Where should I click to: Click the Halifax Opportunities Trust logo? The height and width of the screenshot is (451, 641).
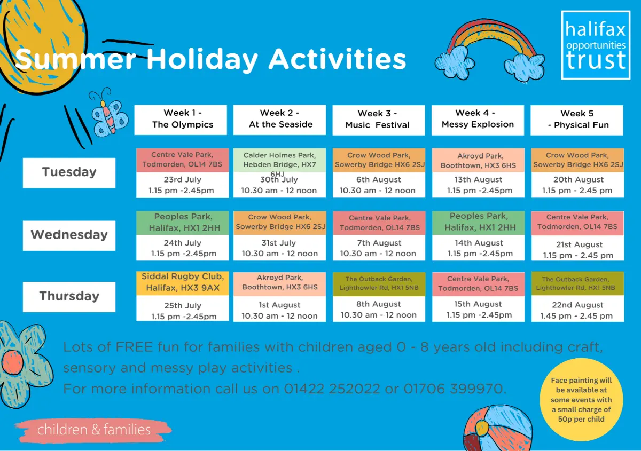coord(596,45)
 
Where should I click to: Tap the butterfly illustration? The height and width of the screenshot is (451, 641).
coord(109,114)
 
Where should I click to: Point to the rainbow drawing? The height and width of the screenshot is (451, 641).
coord(490,50)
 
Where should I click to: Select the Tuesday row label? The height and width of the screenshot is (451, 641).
coord(69,173)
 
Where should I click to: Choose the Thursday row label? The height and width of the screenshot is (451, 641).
coord(69,297)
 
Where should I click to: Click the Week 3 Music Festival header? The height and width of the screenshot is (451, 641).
coord(378,120)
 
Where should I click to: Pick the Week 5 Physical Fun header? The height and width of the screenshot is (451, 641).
coord(576,120)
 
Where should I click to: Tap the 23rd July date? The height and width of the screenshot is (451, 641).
coord(182,179)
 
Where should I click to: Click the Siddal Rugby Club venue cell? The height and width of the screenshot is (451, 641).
coord(183,283)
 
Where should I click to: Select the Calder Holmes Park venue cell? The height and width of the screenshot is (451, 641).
coord(279,160)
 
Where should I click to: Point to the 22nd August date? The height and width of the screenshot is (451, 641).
coord(577,305)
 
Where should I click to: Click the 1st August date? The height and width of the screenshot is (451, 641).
coord(279,305)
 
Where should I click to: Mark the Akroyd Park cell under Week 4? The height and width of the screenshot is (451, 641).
coord(478,160)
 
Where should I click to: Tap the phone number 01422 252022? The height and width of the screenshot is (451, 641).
coord(332,389)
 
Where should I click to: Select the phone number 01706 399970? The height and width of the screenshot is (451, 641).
coord(455,389)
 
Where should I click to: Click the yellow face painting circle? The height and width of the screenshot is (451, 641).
coord(581,400)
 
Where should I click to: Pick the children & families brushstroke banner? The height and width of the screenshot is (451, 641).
coord(93,430)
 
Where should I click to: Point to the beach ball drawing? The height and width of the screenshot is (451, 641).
coord(498,428)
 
